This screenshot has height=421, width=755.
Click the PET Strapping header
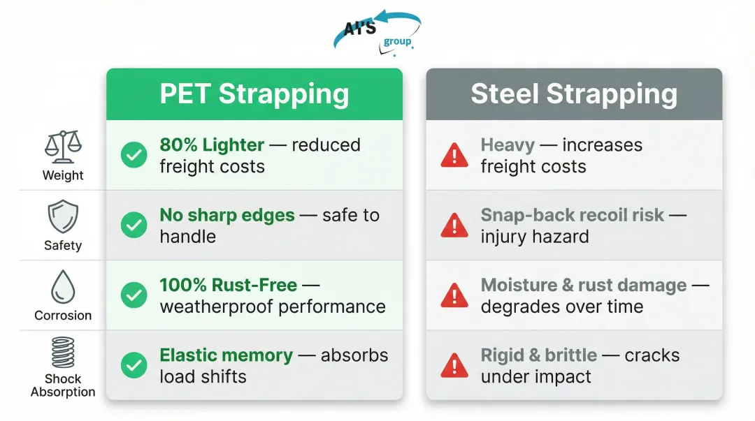click(x=254, y=94)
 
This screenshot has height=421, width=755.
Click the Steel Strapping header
click(x=573, y=94)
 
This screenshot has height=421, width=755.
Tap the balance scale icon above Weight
click(x=63, y=146)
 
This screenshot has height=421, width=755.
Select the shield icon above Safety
click(x=63, y=216)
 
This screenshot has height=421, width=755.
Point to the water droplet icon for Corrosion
click(x=63, y=286)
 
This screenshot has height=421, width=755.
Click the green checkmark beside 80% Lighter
click(x=134, y=156)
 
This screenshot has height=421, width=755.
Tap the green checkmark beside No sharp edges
click(x=134, y=226)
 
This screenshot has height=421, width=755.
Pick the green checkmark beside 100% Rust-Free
click(x=134, y=295)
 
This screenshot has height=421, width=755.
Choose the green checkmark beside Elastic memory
click(x=134, y=365)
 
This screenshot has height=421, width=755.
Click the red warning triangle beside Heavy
click(x=454, y=156)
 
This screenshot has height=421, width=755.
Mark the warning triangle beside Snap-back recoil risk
click(x=454, y=226)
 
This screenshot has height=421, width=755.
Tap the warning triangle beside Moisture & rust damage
click(x=454, y=296)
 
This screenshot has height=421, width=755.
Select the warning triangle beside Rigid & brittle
click(x=454, y=366)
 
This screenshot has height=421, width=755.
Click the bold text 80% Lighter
click(x=212, y=145)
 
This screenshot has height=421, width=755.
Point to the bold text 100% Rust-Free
click(x=229, y=285)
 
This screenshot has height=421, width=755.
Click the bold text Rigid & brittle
click(x=538, y=355)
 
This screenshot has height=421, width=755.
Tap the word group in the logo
click(x=397, y=41)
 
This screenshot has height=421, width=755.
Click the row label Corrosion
click(x=63, y=316)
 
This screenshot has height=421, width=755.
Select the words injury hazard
click(x=534, y=237)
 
